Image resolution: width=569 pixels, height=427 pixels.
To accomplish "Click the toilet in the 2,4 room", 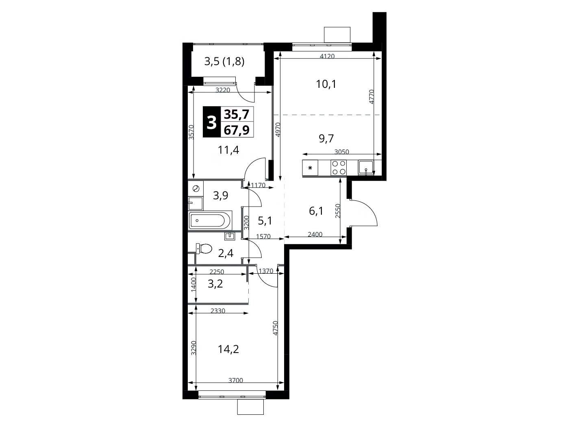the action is [204, 248].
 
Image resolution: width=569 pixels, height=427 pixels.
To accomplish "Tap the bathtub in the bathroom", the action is [211, 221].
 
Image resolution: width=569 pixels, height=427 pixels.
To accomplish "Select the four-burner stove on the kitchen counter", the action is [339, 168].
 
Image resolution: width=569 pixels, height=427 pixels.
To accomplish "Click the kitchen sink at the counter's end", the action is [365, 168].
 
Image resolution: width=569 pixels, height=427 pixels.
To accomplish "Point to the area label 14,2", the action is [228, 349].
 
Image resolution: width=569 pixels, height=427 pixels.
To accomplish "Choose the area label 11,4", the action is [228, 150].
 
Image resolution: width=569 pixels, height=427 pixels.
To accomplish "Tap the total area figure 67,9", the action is [237, 130].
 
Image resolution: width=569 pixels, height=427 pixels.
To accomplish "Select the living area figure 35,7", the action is [237, 114].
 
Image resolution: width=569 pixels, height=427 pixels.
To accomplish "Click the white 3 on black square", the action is [211, 122].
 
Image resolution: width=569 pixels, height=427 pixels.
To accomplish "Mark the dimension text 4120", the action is [327, 56].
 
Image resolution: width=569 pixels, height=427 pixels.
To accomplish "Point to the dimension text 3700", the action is [236, 380].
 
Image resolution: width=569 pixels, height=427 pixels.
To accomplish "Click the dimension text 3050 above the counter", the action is [342, 152].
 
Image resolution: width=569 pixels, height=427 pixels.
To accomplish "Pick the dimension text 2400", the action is [315, 234].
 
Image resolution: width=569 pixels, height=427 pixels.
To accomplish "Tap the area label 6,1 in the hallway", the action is [316, 211].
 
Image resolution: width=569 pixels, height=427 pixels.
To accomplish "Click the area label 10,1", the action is [326, 84].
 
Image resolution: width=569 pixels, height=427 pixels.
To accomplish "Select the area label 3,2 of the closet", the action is [215, 284].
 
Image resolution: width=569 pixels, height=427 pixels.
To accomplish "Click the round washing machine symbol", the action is [196, 188].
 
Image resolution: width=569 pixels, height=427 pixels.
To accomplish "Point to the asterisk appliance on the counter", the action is [310, 168].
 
